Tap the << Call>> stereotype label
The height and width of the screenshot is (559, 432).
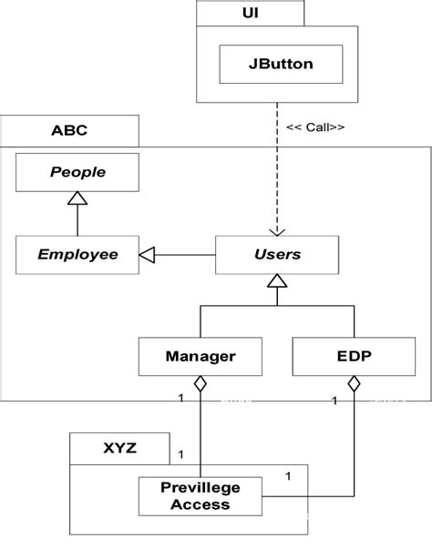tap(315, 127)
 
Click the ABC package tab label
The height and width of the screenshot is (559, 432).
tap(69, 130)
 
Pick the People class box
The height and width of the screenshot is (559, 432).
tap(77, 172)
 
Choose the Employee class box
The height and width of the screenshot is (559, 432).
tap(77, 254)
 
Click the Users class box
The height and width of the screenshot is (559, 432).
tap(276, 254)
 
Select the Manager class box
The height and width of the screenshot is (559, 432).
tap(201, 356)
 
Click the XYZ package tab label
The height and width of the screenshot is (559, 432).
tap(120, 447)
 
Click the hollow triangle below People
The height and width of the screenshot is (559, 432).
tap(77, 198)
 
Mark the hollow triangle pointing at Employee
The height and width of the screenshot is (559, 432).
tap(147, 255)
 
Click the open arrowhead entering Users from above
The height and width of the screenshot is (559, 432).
tap(276, 229)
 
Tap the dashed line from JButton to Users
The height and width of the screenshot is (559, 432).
tap(276, 164)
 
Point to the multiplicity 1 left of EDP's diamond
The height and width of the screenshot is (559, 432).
tap(336, 398)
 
